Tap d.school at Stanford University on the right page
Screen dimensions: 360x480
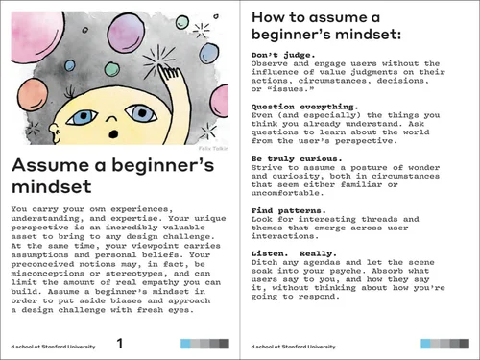pos(293,345)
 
